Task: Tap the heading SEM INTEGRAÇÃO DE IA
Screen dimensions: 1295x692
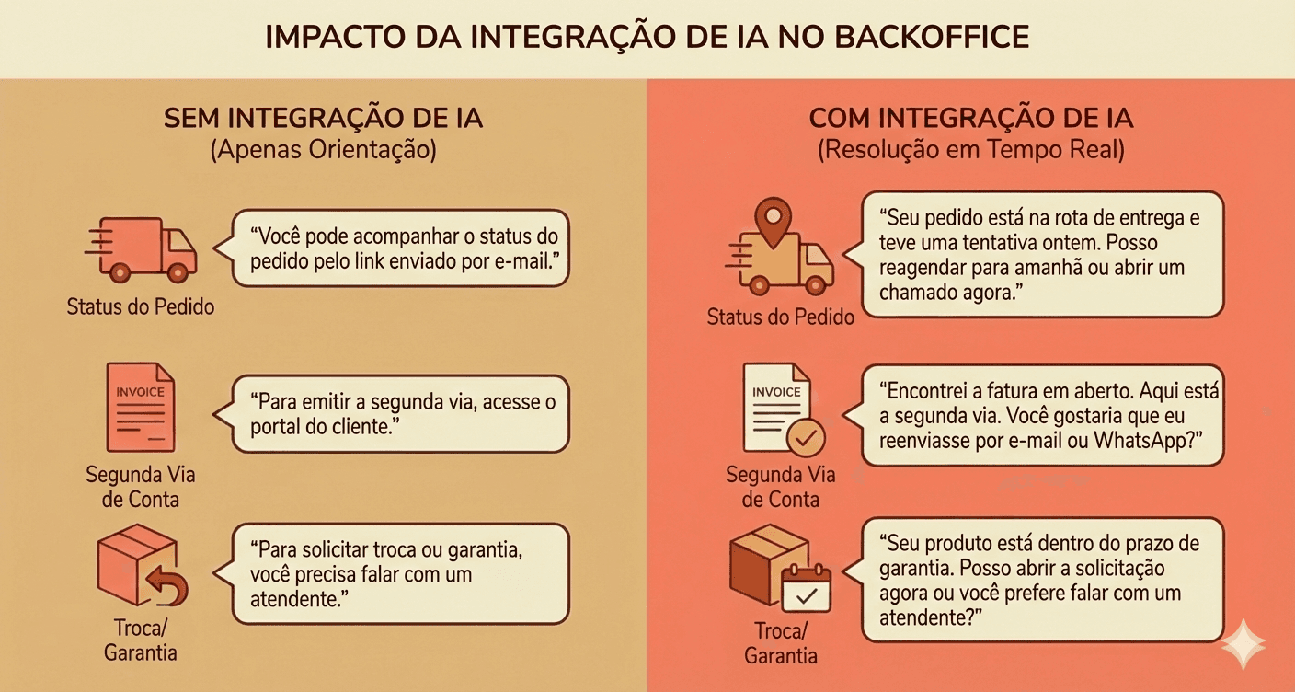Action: click(323, 120)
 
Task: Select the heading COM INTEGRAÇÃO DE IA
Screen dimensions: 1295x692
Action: click(970, 120)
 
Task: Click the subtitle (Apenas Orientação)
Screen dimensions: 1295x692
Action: click(323, 150)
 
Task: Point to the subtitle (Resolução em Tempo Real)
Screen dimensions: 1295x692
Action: click(970, 150)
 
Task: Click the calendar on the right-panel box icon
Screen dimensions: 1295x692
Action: click(806, 588)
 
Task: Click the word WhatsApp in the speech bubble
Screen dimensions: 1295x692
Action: click(1150, 440)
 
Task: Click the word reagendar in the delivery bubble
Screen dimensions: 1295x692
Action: click(926, 268)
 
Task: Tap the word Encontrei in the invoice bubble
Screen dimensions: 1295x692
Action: click(928, 390)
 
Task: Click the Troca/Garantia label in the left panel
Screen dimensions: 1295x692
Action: click(141, 640)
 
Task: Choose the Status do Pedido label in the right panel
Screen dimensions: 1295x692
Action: click(781, 317)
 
